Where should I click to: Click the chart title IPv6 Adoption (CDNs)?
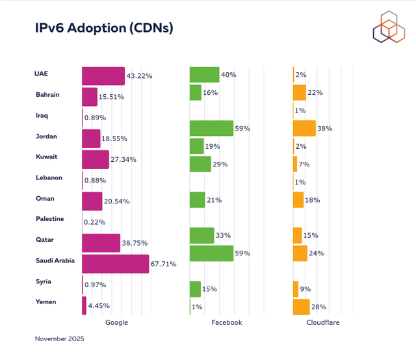[104, 28]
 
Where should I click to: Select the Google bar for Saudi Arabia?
[115, 263]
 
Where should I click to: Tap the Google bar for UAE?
[103, 75]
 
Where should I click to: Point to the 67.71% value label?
[163, 264]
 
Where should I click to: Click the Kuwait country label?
[47, 157]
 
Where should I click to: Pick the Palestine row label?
[50, 219]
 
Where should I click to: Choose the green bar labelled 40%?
[204, 75]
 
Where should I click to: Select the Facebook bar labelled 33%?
[201, 235]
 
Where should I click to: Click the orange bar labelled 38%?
[304, 128]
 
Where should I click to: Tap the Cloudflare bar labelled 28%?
[301, 307]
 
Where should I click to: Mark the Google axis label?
[116, 322]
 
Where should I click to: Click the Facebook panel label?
[227, 322]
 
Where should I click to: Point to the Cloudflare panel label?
[324, 322]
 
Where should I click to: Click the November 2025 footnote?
[59, 339]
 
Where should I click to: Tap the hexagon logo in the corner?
[389, 27]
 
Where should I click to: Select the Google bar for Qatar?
[101, 243]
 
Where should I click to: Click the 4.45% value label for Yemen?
[99, 305]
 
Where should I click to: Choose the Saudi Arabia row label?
[55, 261]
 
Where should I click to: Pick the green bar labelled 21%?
[197, 200]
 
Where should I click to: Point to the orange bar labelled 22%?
[299, 92]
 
